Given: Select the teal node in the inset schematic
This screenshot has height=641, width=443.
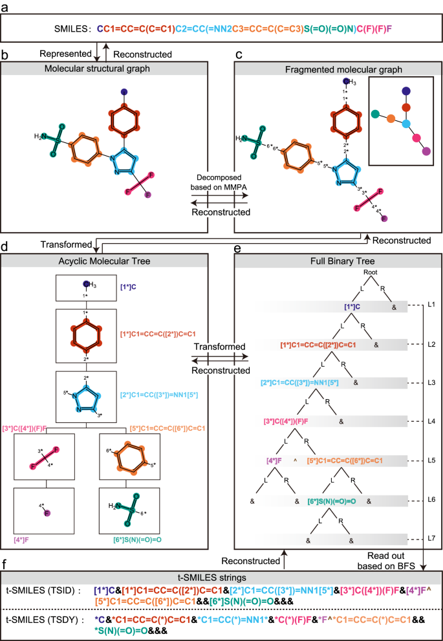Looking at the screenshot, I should pos(375,114).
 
